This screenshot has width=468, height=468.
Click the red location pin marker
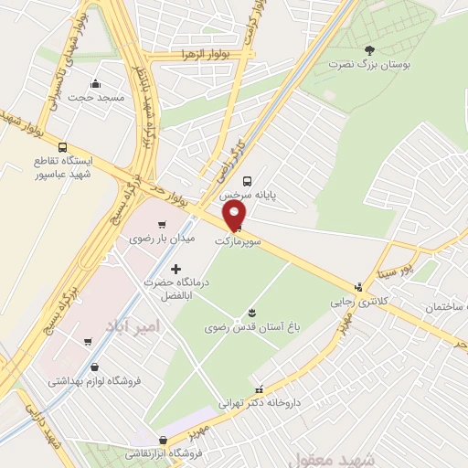pos(236,216)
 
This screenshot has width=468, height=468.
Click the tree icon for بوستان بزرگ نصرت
pos(368,49)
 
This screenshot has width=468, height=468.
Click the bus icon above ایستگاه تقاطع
pos(62,147)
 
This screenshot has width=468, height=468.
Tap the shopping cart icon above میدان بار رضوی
pos(162,224)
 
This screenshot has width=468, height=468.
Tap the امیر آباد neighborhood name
pos(139,326)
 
